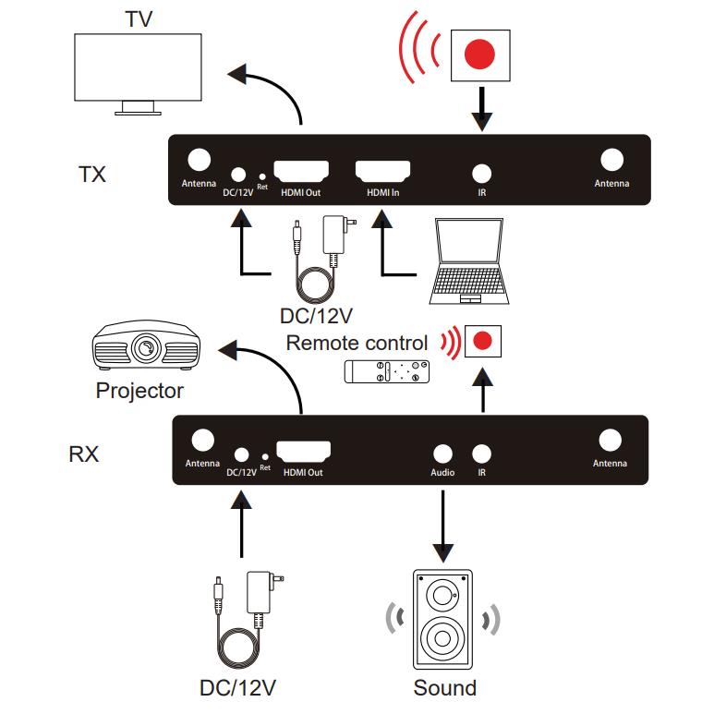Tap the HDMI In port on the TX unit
(382, 172)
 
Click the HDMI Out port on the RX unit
(304, 452)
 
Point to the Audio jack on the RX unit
(442, 453)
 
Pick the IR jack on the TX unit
(481, 173)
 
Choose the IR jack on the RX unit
(481, 453)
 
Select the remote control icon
(385, 372)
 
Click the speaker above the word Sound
(443, 618)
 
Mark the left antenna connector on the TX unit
(199, 160)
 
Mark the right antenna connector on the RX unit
(611, 440)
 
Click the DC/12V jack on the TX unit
(239, 173)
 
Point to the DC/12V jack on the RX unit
(241, 454)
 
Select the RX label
(84, 454)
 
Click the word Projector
(139, 391)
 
